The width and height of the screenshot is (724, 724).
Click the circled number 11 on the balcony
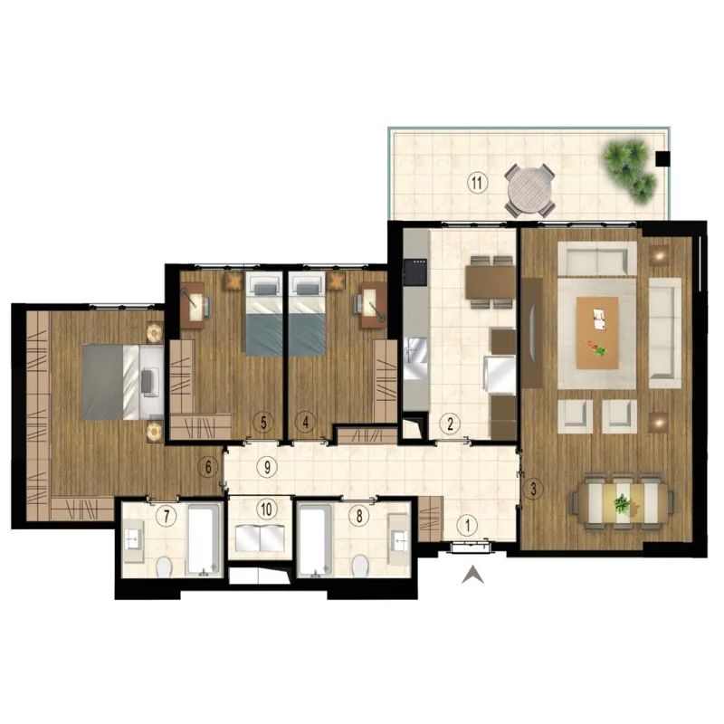click(x=477, y=183)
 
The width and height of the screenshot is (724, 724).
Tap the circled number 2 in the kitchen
click(x=450, y=424)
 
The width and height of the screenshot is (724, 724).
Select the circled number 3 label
click(x=533, y=489)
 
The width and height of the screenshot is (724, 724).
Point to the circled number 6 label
click(x=208, y=467)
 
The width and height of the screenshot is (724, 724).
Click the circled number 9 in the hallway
click(x=267, y=467)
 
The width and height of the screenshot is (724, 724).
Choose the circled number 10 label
click(x=266, y=510)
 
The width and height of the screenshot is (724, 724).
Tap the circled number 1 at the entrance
click(x=467, y=526)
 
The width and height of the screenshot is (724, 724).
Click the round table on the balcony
click(x=529, y=189)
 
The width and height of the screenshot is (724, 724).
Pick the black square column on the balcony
click(x=663, y=158)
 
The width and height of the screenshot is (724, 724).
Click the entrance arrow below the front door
click(x=472, y=575)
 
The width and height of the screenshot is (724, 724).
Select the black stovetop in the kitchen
click(x=415, y=271)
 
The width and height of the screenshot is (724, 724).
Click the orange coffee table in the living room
click(x=597, y=332)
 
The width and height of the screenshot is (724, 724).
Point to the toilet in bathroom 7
click(x=164, y=567)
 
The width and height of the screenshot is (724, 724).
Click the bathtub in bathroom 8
click(x=315, y=540)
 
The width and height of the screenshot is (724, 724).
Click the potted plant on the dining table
click(x=622, y=503)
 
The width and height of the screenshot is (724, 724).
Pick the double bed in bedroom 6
click(x=123, y=381)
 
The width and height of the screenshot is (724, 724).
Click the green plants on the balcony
click(x=630, y=171)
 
